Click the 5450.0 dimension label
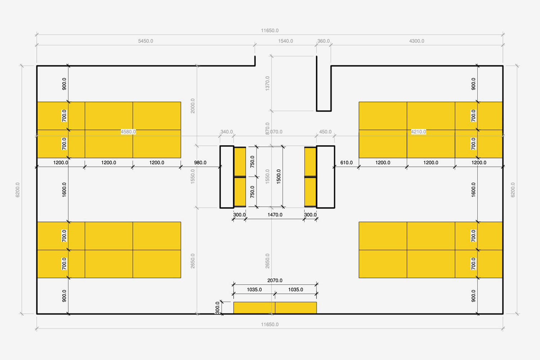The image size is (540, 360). [x=145, y=41]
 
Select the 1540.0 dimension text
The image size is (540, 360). [x=285, y=41]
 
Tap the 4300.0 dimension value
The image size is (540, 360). [x=417, y=41]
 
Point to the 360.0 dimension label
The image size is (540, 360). [x=323, y=41]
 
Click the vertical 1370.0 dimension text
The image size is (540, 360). [x=267, y=83]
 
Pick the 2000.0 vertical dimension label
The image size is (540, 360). [x=193, y=106]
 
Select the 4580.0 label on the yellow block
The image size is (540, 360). [x=128, y=132]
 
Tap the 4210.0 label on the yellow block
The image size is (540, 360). [x=418, y=132]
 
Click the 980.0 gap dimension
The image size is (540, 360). [x=200, y=163]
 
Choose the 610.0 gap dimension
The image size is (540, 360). [x=346, y=163]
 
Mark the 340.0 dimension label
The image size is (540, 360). [x=226, y=132]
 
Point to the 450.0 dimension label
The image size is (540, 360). [x=325, y=132]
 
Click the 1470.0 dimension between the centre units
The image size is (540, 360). [x=275, y=215]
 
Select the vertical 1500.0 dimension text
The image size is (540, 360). [x=279, y=177]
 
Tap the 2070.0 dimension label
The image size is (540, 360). [x=275, y=280]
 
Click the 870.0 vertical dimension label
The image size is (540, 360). [x=267, y=129]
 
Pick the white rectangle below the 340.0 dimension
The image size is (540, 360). [x=227, y=177]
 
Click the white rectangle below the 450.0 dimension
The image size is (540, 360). [x=325, y=177]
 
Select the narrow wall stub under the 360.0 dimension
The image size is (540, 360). [x=324, y=86]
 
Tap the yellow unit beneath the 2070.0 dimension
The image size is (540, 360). [x=275, y=308]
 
